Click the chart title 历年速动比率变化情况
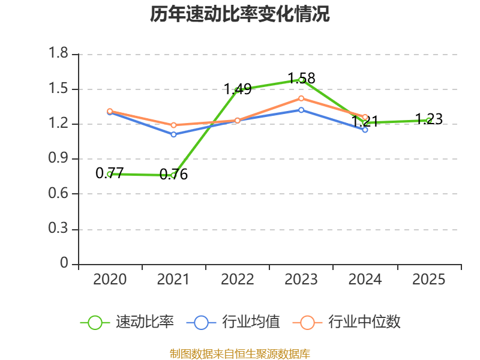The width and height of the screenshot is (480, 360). [x=240, y=14]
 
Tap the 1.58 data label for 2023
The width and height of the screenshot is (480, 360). [x=301, y=79]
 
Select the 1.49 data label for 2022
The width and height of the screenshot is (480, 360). [x=238, y=89]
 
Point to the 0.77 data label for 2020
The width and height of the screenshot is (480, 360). [x=110, y=173]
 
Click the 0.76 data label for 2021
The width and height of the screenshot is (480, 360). [x=173, y=175]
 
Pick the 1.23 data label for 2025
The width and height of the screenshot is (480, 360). [x=429, y=119]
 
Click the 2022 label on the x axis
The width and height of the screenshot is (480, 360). [x=238, y=280]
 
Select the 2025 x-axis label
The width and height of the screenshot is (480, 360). [x=429, y=280]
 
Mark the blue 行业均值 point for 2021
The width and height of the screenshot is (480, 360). [x=173, y=134]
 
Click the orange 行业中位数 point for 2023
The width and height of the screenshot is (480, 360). [x=301, y=98]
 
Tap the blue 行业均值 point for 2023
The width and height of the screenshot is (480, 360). [x=301, y=110]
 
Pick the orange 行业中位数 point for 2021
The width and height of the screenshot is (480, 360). [x=173, y=125]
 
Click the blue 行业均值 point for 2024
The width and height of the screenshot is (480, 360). [x=365, y=130]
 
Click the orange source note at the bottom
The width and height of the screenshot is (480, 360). [x=240, y=353]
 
